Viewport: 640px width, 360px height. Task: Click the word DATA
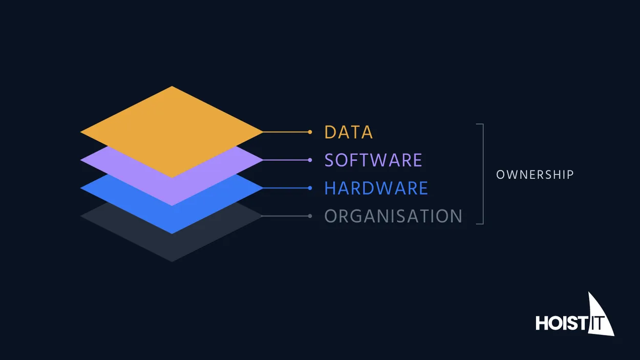pyautogui.click(x=348, y=132)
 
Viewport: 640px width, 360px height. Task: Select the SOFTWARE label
pyautogui.click(x=373, y=160)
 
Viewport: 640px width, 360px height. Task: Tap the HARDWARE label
pyautogui.click(x=376, y=188)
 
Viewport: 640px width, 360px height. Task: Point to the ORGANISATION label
pyautogui.click(x=393, y=216)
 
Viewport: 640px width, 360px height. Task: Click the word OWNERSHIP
pyautogui.click(x=535, y=175)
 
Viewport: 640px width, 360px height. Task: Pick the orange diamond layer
pyautogui.click(x=172, y=132)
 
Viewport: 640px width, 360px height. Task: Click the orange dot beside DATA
pyautogui.click(x=310, y=132)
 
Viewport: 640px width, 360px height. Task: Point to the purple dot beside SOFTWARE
pyautogui.click(x=310, y=160)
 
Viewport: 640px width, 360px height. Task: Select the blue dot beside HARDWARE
pyautogui.click(x=310, y=188)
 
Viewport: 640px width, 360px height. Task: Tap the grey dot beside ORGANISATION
pyautogui.click(x=310, y=216)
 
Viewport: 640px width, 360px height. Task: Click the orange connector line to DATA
pyautogui.click(x=285, y=132)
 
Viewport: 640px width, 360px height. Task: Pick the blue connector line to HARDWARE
pyautogui.click(x=285, y=188)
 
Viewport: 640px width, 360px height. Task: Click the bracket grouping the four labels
pyautogui.click(x=483, y=174)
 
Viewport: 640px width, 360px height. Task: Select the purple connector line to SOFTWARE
pyautogui.click(x=285, y=160)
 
